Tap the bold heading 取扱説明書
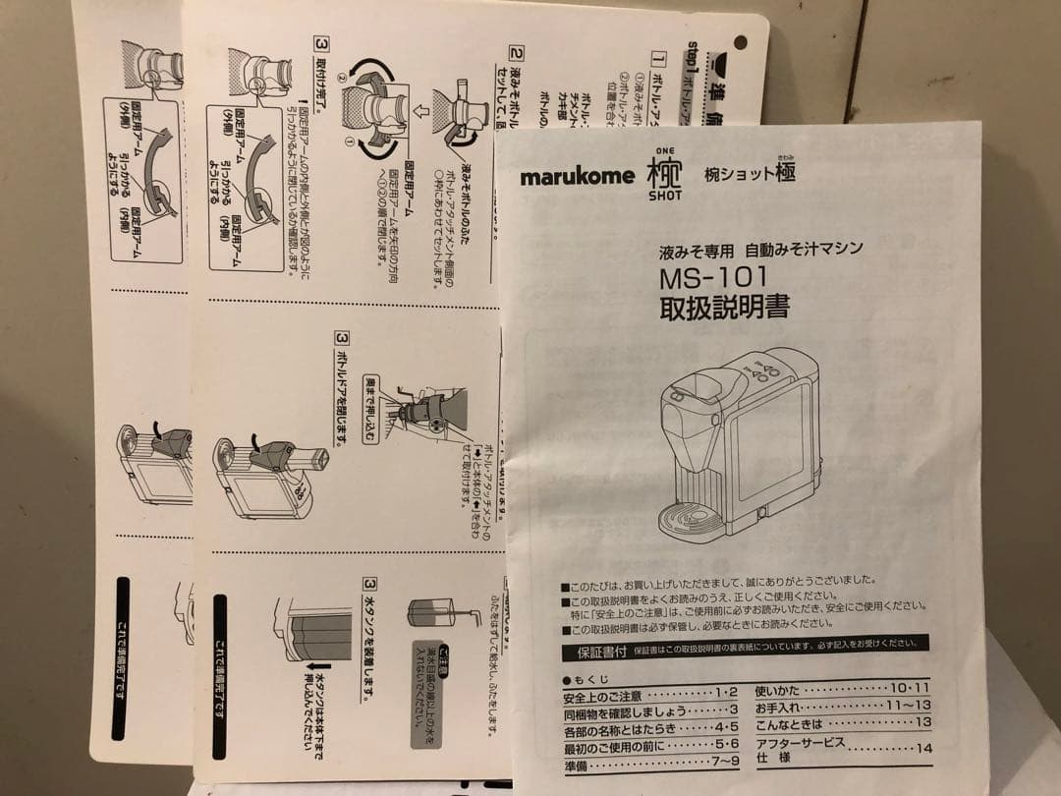coord(724,308)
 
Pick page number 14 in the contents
coord(922,749)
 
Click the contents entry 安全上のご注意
coord(602,697)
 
